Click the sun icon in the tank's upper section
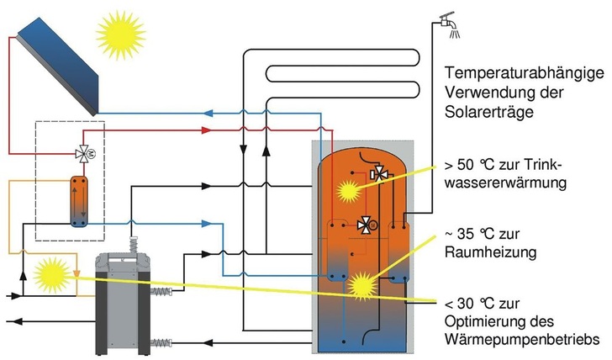pos(347,191)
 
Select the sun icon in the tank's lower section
pos(364,284)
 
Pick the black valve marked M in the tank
pos(367,225)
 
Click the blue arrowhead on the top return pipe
pos(214,112)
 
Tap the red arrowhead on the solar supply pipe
pos(211,130)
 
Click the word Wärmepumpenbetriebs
pos(526,339)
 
